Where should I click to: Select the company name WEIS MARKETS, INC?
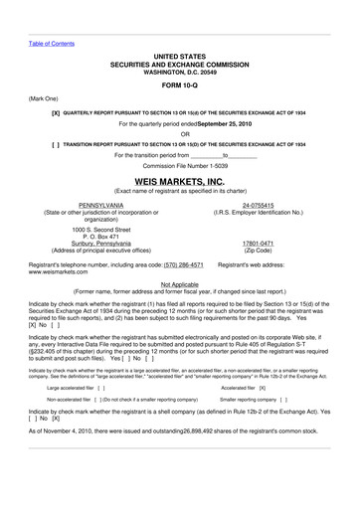(x=180, y=183)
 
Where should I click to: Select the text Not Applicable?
(x=180, y=283)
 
